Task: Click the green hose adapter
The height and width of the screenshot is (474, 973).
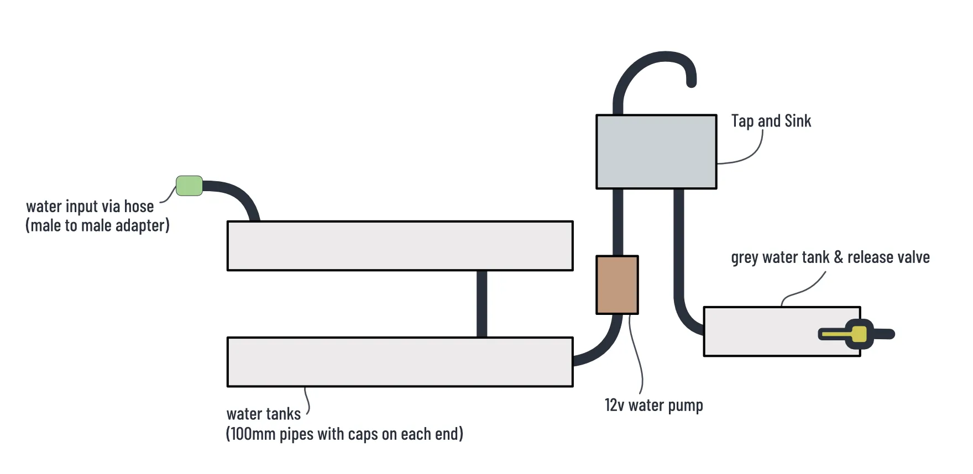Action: tap(189, 186)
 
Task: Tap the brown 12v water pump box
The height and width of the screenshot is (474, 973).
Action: tap(617, 285)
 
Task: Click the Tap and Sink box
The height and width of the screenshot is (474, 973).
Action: tap(656, 152)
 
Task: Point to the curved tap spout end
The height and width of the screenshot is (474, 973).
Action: tap(691, 82)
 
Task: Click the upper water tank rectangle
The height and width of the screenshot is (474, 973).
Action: tap(400, 246)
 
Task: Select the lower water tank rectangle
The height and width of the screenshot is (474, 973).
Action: tap(400, 362)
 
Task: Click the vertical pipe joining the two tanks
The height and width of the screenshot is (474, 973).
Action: tap(482, 304)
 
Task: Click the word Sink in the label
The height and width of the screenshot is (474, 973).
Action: tap(797, 121)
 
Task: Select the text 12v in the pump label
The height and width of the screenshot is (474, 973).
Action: tap(614, 405)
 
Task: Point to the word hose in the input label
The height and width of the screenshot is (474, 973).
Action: tap(139, 207)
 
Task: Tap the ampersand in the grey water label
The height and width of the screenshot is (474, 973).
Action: tap(838, 257)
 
